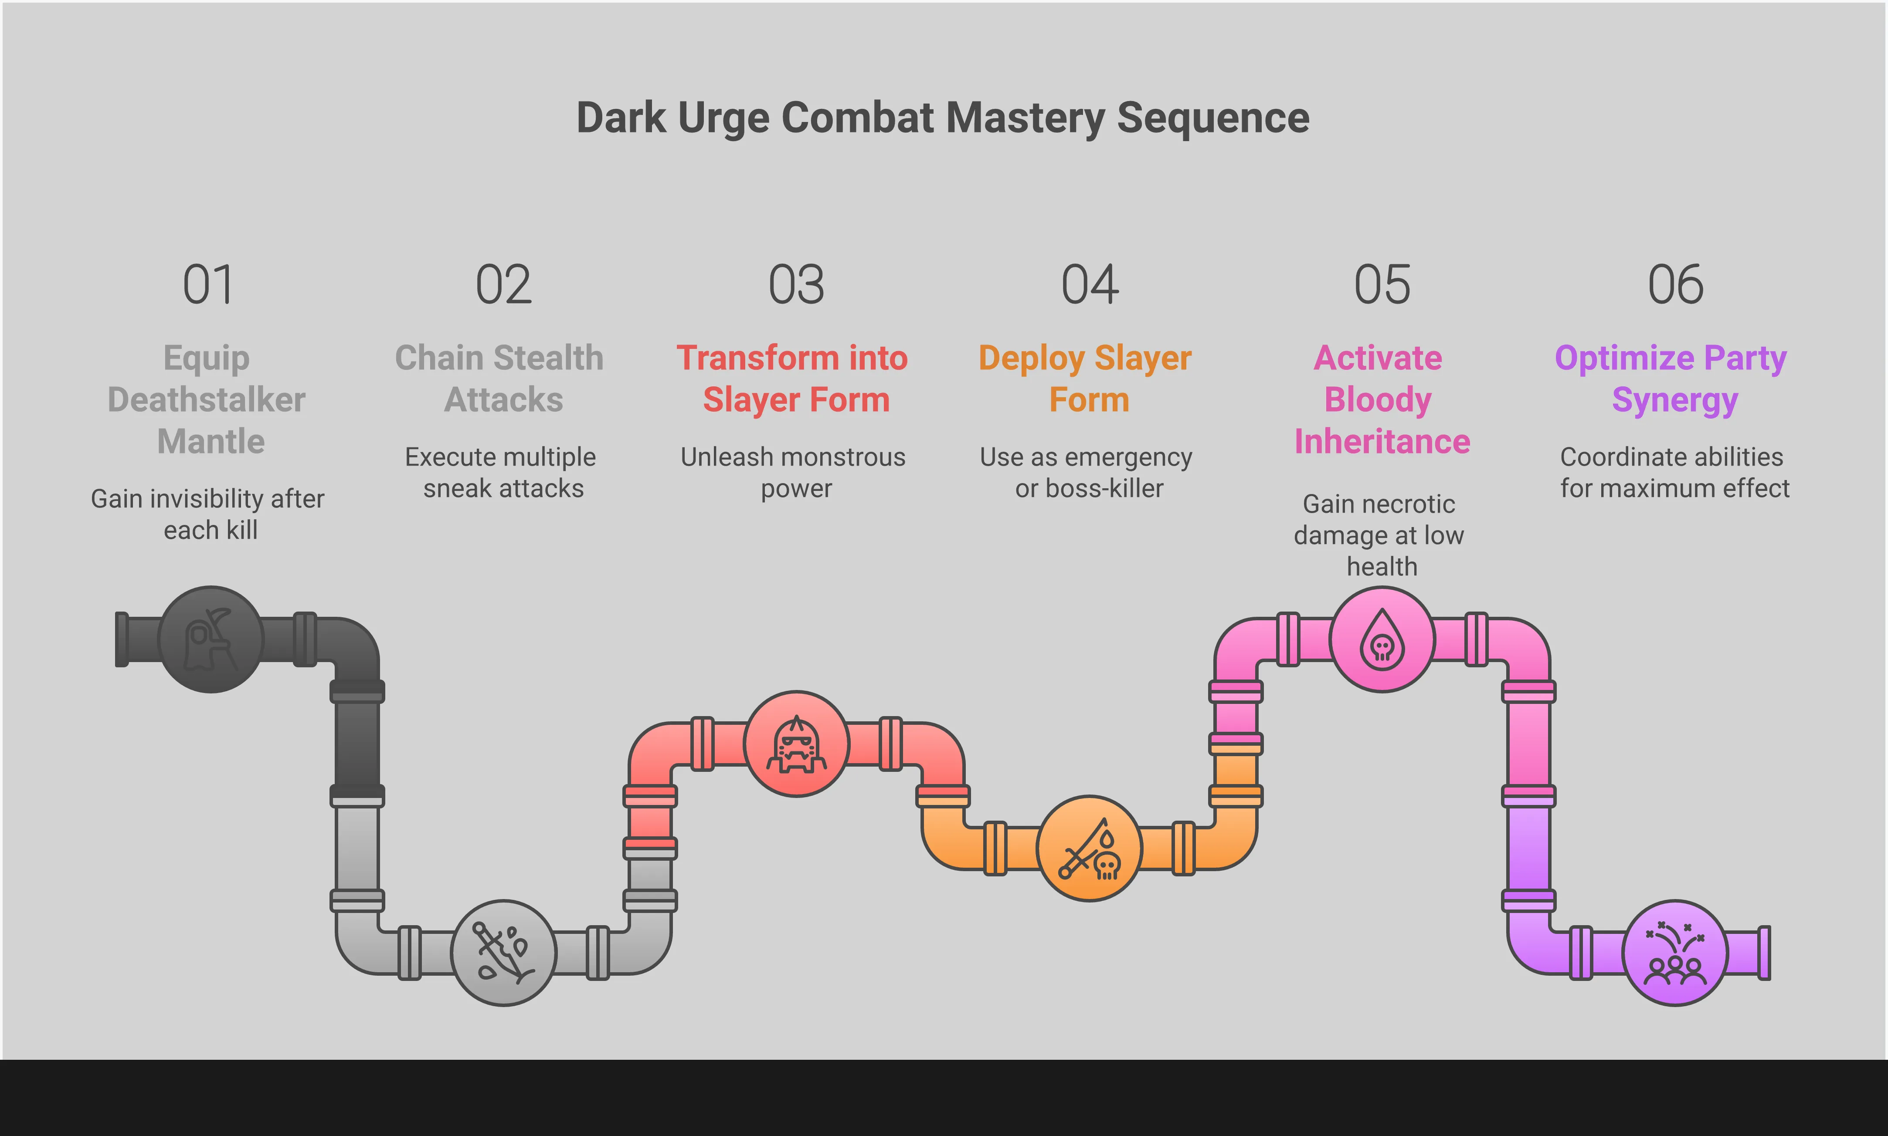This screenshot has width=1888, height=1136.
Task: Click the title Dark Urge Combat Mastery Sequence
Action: [x=943, y=118]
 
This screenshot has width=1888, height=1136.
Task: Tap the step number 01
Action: [x=208, y=285]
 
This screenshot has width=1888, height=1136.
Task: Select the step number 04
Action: [x=1089, y=285]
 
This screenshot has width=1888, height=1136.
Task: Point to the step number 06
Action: [x=1675, y=285]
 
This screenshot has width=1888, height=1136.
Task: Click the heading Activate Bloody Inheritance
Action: [x=1381, y=399]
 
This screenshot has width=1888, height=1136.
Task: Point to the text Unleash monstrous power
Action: [x=794, y=472]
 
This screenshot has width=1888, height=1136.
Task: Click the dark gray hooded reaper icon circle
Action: [x=211, y=639]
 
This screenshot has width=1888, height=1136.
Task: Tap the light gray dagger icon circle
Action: [x=503, y=952]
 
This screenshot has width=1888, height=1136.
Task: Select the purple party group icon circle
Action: [x=1674, y=952]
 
